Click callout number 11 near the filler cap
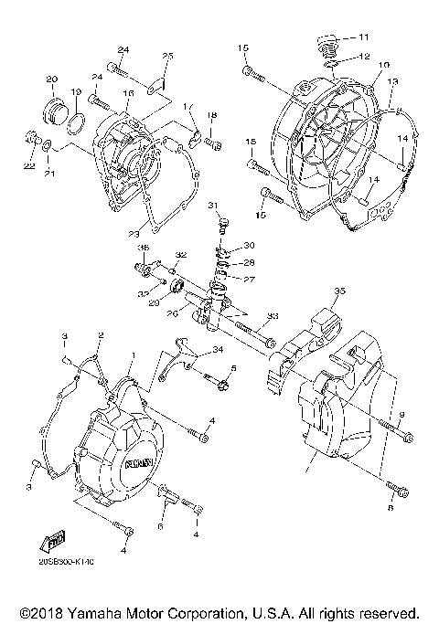point(364,37)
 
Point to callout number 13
point(394,81)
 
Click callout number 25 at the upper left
point(167,57)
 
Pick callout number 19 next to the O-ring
point(77,92)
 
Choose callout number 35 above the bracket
point(339,291)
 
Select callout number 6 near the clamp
point(161,527)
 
